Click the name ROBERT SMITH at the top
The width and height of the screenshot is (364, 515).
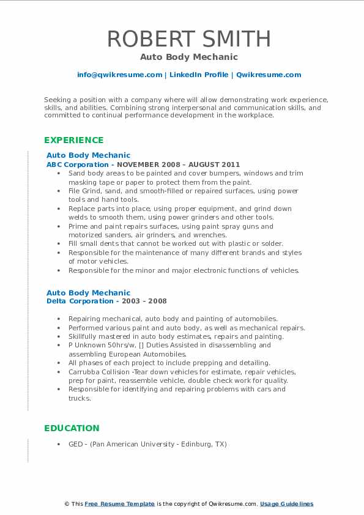189,39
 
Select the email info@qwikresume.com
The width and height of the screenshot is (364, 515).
119,75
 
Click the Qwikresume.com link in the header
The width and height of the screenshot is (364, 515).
268,75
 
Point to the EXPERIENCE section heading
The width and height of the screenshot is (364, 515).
74,140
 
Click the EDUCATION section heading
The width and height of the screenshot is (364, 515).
72,428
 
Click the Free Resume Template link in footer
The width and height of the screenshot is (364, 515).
119,504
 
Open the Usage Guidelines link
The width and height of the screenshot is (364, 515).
286,504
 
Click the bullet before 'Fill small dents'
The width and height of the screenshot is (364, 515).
58,244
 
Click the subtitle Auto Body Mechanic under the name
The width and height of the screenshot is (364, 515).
188,57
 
